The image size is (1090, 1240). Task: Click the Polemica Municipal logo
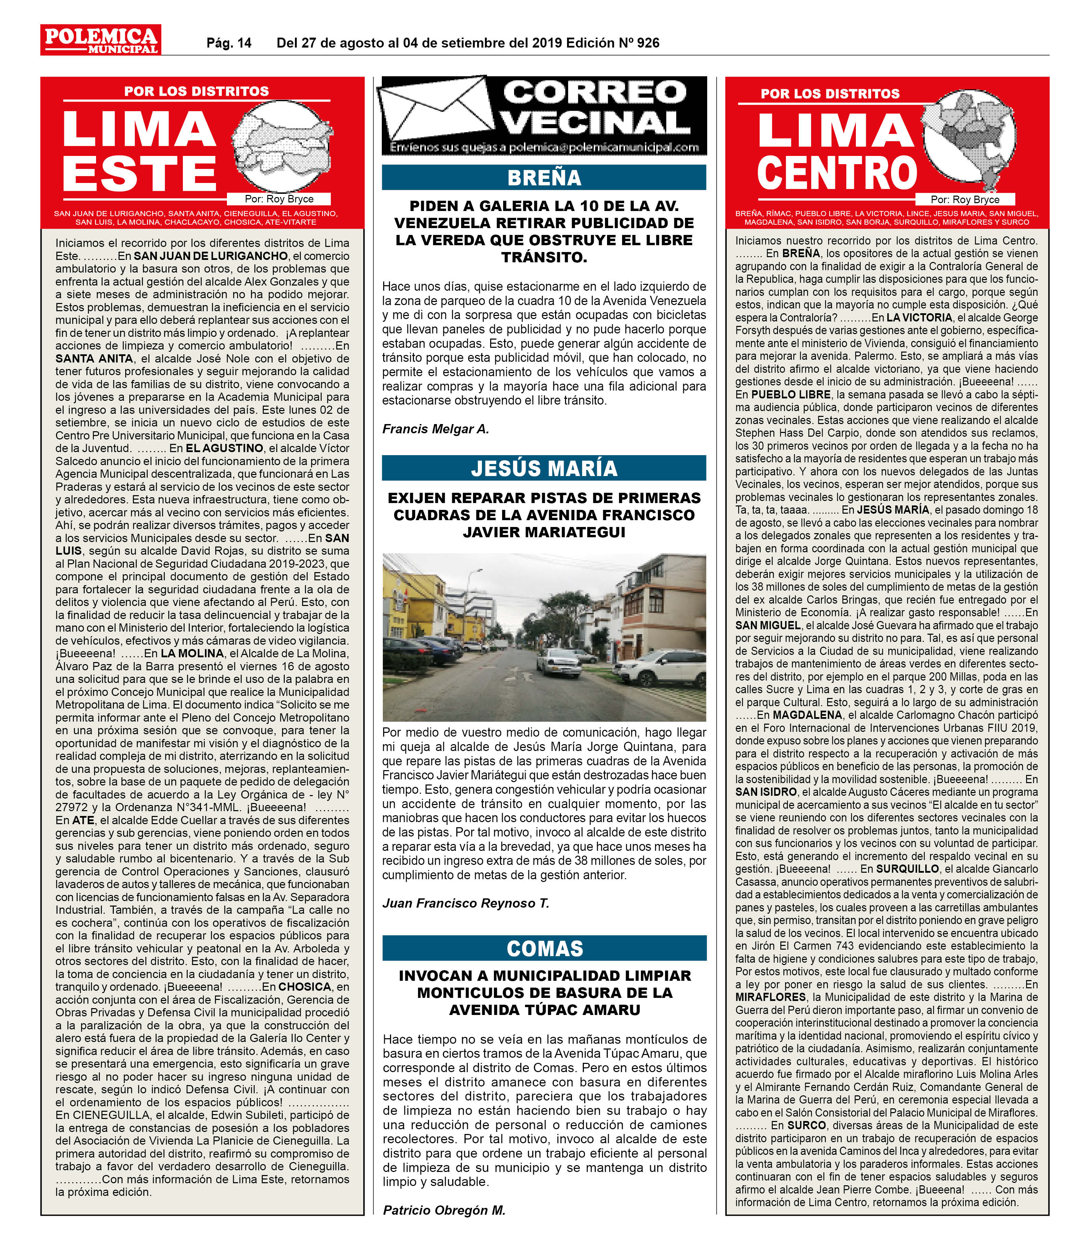click(100, 40)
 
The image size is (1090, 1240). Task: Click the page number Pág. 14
click(229, 43)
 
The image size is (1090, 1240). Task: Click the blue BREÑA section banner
click(544, 178)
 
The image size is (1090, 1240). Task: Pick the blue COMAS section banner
click(544, 948)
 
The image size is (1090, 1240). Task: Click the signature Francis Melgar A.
click(435, 429)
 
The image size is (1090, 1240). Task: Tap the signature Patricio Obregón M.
click(444, 1210)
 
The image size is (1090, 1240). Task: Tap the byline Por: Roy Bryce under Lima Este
click(279, 199)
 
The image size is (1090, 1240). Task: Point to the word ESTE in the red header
click(139, 173)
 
